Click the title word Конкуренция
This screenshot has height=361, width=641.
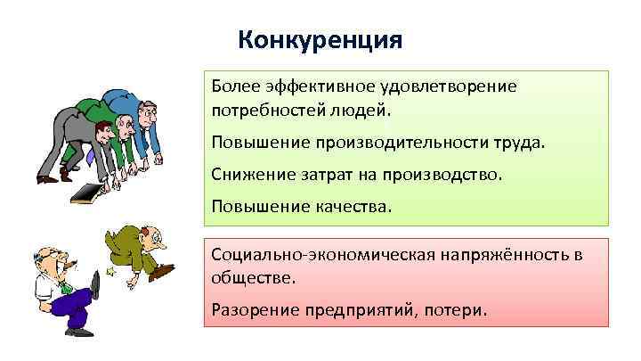(321, 41)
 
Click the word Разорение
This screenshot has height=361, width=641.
(254, 310)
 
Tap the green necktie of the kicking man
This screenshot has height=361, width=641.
(63, 284)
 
